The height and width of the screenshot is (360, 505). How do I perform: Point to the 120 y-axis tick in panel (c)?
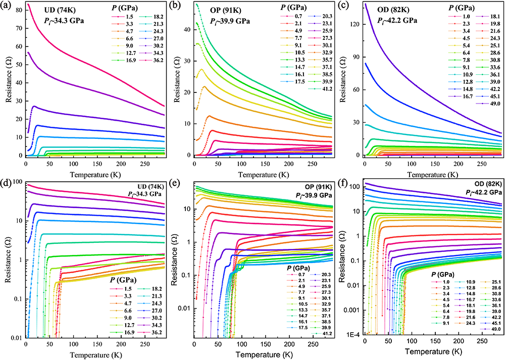point(356,24)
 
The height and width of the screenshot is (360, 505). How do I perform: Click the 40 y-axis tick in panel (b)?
point(186,29)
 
